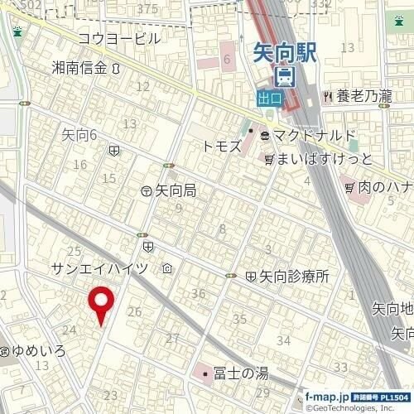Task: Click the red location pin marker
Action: [102, 303]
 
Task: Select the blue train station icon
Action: [284, 79]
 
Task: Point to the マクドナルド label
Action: [314, 135]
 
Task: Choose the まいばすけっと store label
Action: [325, 157]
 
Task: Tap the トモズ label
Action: [221, 145]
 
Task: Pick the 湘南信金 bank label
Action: [79, 68]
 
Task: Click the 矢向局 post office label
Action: [176, 190]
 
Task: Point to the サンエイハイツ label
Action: [99, 268]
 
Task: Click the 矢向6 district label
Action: [79, 133]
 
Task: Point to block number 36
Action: [198, 293]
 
